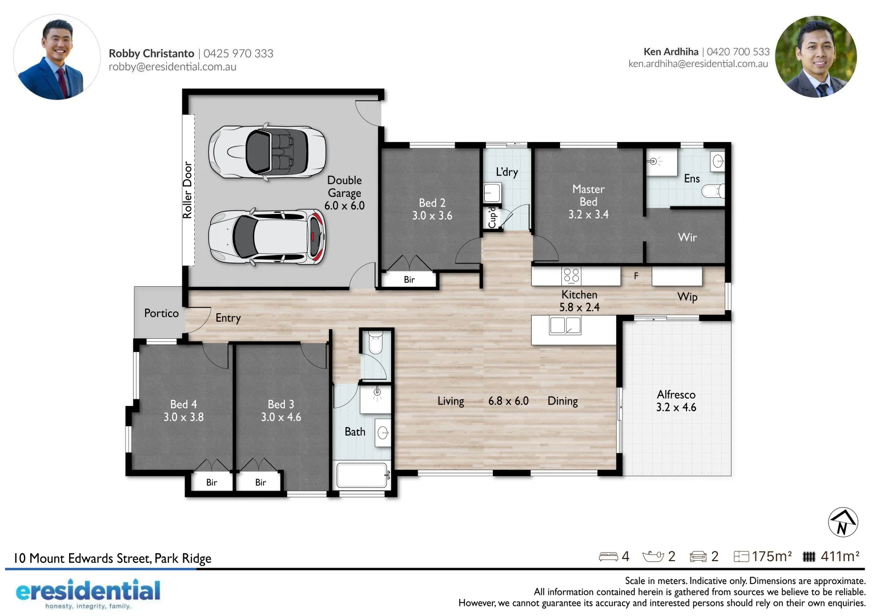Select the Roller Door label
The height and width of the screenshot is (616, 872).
(x=187, y=190)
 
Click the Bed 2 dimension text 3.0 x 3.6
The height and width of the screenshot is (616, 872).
(x=432, y=216)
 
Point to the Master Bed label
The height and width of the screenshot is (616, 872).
(x=588, y=195)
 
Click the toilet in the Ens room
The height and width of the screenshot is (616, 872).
(x=713, y=191)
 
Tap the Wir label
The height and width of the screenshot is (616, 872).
(x=687, y=237)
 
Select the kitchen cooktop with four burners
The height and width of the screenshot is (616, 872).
(x=571, y=275)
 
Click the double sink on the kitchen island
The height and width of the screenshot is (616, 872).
(x=565, y=326)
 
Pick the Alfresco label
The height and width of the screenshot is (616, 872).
(x=676, y=395)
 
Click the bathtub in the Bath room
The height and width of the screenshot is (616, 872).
(x=362, y=475)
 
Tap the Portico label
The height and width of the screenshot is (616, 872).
(x=161, y=313)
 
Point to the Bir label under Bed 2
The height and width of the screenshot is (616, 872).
(x=409, y=279)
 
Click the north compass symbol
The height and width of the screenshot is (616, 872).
(x=842, y=522)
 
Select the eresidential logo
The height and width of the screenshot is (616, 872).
(x=88, y=593)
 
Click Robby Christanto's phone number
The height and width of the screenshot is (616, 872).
(x=238, y=54)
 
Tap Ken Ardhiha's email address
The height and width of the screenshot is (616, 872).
(x=698, y=64)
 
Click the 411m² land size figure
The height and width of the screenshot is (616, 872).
(x=839, y=556)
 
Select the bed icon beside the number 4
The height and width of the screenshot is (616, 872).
(x=608, y=556)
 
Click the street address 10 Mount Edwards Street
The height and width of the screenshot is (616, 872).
(x=112, y=558)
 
